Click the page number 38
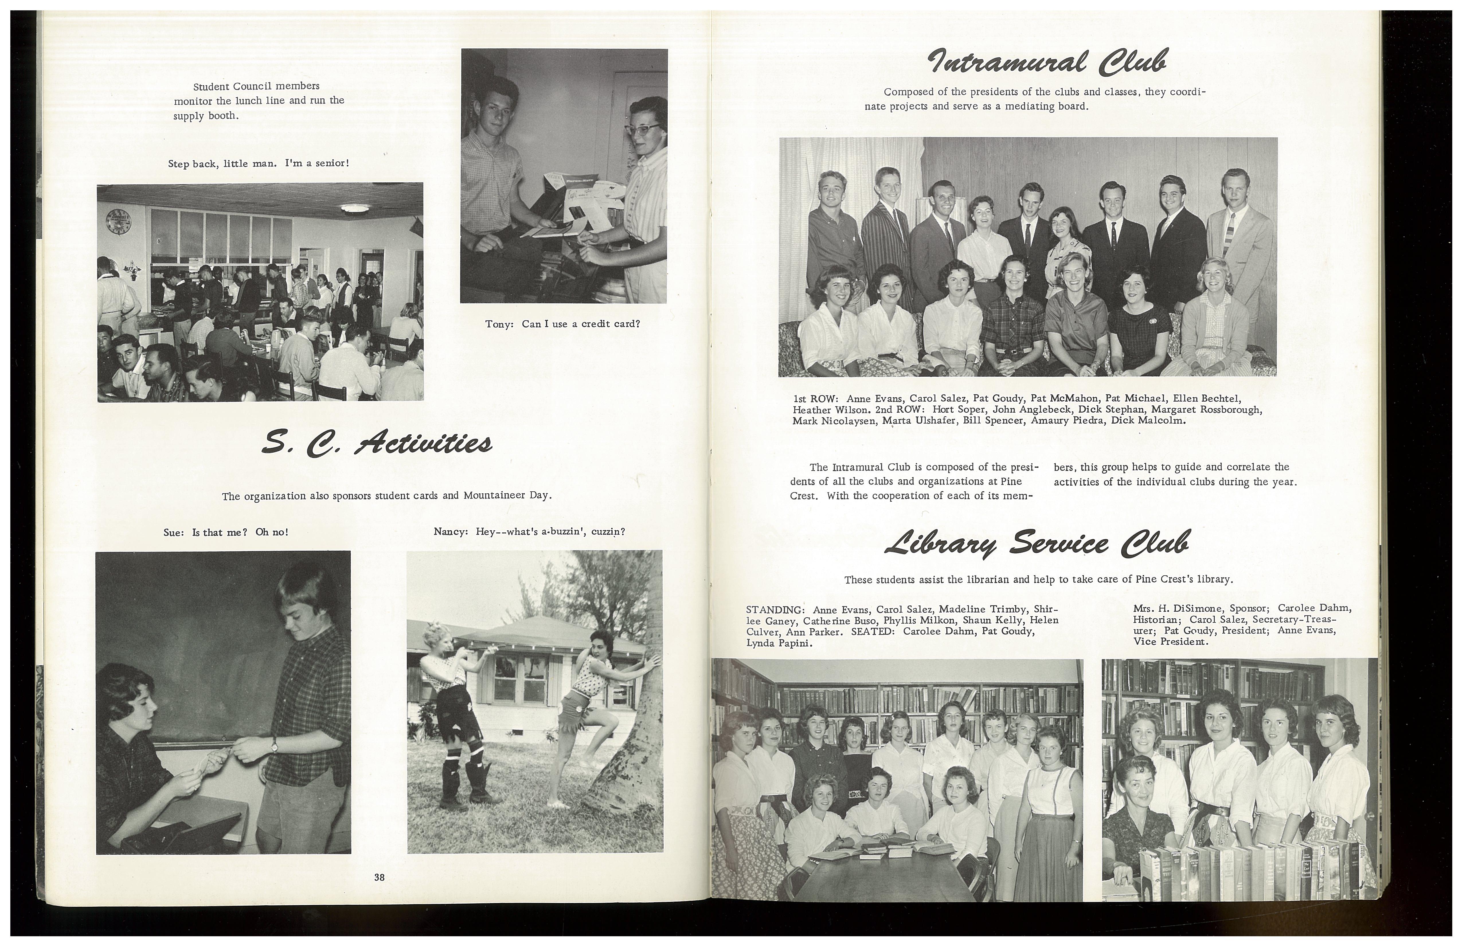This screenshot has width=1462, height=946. point(379,877)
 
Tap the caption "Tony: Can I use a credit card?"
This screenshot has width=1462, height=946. point(562,324)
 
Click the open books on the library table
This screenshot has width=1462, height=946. point(885,851)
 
